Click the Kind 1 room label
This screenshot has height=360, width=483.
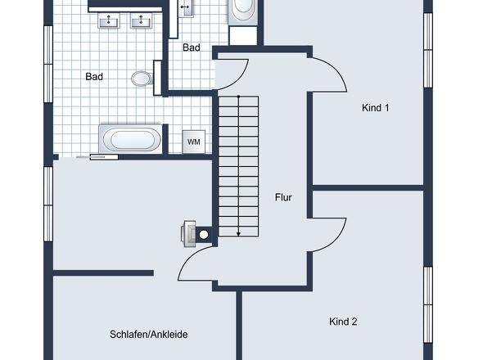coord(375,108)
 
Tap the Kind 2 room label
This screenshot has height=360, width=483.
coord(343,322)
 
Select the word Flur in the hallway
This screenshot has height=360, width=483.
coord(283,197)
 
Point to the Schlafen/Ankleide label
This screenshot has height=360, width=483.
coord(149,335)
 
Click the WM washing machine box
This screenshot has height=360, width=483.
coord(194,142)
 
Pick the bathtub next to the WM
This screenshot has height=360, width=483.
coord(131,139)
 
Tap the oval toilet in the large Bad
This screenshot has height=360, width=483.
coord(142,79)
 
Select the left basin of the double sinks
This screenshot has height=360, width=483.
coord(109,21)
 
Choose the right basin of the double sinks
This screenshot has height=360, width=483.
coord(142,21)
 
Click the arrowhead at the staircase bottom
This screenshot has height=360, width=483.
coord(238,234)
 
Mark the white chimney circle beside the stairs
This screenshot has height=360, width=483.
coord(204,235)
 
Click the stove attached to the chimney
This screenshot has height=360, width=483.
coord(188,234)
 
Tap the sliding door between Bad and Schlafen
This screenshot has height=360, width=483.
coord(97,157)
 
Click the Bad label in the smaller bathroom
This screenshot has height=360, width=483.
coord(192,47)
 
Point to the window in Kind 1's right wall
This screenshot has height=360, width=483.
coord(428,50)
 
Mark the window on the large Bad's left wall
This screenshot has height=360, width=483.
coord(48,64)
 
